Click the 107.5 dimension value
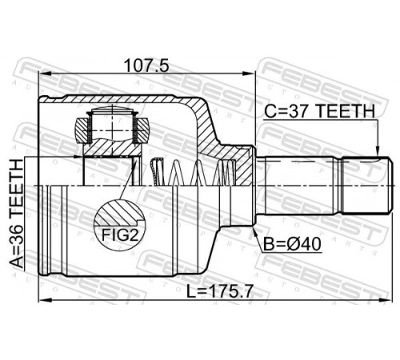coord(147,66)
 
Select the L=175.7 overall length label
coord(219,291)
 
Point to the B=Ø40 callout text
coord(292,244)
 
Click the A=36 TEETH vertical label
coord(17,213)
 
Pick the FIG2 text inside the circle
coord(120,235)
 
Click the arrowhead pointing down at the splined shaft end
coord(378,150)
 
